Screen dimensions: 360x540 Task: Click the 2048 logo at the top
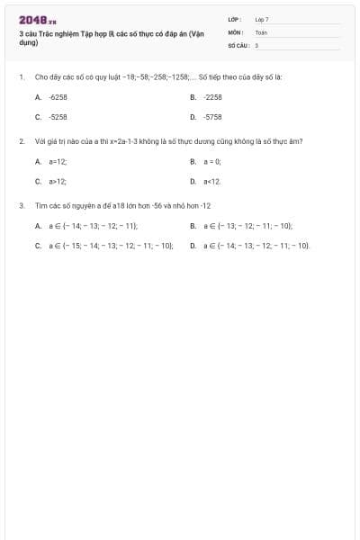pyautogui.click(x=37, y=20)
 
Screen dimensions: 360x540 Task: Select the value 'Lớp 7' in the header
pyautogui.click(x=262, y=19)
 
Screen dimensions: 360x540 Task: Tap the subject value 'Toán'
pyautogui.click(x=261, y=31)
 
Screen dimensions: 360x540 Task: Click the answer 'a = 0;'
pyautogui.click(x=212, y=161)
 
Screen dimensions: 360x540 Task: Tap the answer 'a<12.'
pyautogui.click(x=212, y=181)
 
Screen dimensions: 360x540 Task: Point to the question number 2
pyautogui.click(x=21, y=141)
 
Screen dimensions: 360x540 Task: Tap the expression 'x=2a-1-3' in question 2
pyautogui.click(x=123, y=141)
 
